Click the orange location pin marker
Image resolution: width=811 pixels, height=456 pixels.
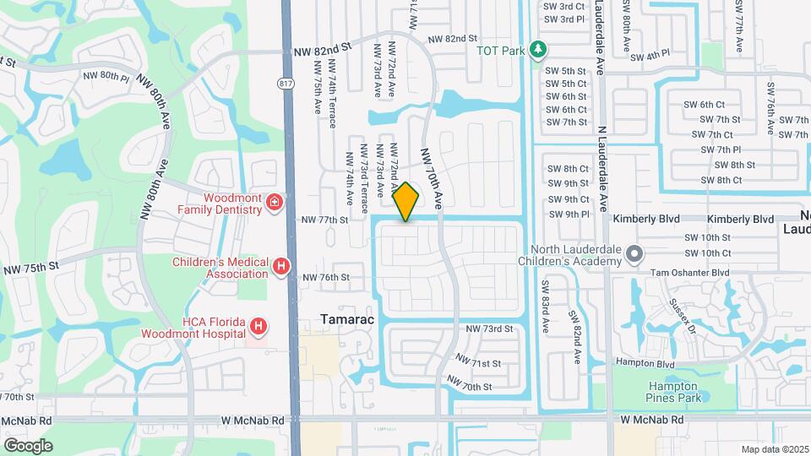(406, 201)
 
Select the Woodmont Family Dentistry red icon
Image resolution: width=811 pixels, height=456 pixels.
(274, 202)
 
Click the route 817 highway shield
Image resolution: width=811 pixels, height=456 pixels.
(287, 82)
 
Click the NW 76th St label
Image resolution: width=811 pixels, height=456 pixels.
(325, 277)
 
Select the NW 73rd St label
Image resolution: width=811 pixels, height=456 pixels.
(490, 328)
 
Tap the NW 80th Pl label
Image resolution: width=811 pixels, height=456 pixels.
(106, 76)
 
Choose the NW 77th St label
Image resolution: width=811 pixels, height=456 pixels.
(325, 220)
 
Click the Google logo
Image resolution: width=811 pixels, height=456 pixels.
(28, 445)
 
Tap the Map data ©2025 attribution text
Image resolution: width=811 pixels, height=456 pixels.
(775, 448)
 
